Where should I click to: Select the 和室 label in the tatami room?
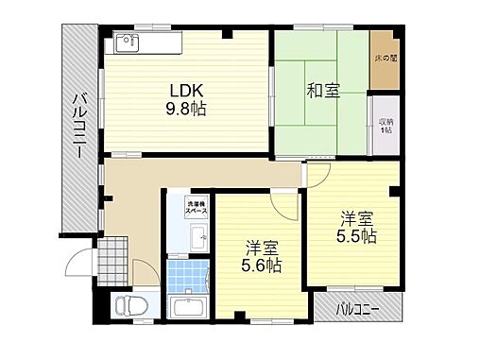pyautogui.click(x=322, y=92)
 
